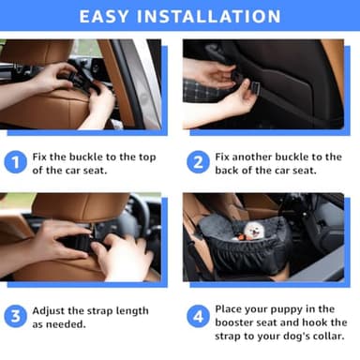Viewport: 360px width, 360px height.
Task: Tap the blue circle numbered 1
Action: (x=15, y=162)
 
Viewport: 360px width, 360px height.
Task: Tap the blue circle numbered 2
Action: (x=198, y=162)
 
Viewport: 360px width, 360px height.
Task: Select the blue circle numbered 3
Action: (x=15, y=317)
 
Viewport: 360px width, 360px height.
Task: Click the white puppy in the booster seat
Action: (x=253, y=232)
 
